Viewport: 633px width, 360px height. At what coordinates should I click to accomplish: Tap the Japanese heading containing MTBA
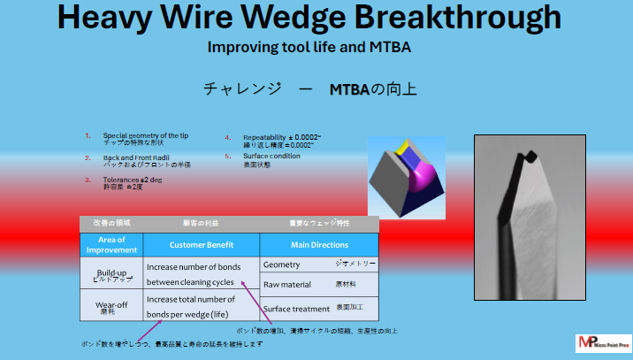(309, 89)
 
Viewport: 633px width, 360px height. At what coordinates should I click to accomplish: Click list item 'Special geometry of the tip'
(145, 135)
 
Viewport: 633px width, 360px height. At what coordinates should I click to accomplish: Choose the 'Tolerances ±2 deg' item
(133, 180)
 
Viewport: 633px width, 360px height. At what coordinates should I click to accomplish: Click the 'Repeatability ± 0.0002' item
(282, 138)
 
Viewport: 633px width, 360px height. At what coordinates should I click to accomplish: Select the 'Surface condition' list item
(271, 156)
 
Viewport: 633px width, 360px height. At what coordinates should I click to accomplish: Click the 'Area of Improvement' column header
(111, 245)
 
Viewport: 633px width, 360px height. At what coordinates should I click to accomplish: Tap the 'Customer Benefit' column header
(202, 244)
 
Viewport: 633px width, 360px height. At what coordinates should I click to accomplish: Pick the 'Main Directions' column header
(319, 244)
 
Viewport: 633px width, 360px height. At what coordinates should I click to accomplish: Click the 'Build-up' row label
(111, 273)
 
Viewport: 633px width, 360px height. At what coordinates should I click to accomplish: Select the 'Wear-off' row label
(111, 306)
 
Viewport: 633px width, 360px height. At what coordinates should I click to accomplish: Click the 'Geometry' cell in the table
(283, 264)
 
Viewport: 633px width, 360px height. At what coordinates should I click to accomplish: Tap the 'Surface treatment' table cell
(296, 308)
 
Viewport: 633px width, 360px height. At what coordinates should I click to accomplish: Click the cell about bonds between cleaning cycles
(202, 274)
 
